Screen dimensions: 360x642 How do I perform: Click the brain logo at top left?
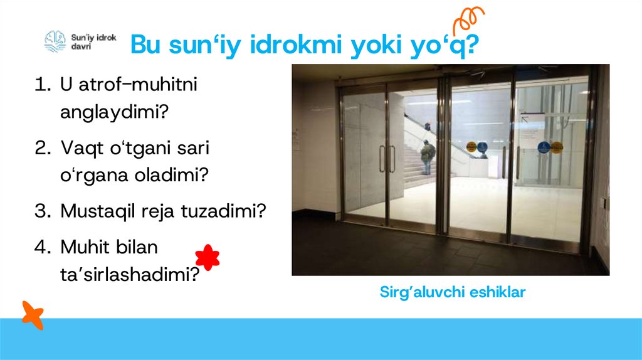tap(55, 41)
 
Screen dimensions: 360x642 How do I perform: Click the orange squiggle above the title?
tap(469, 20)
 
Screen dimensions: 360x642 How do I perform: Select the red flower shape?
tap(208, 257)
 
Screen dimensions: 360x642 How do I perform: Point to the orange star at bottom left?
tap(32, 314)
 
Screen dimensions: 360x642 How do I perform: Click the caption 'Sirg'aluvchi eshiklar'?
tap(452, 292)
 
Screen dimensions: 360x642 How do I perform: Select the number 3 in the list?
tap(41, 211)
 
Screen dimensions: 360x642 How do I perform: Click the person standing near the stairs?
tap(428, 156)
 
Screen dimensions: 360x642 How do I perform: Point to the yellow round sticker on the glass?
tap(471, 148)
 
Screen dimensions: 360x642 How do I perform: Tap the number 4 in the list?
tap(41, 247)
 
